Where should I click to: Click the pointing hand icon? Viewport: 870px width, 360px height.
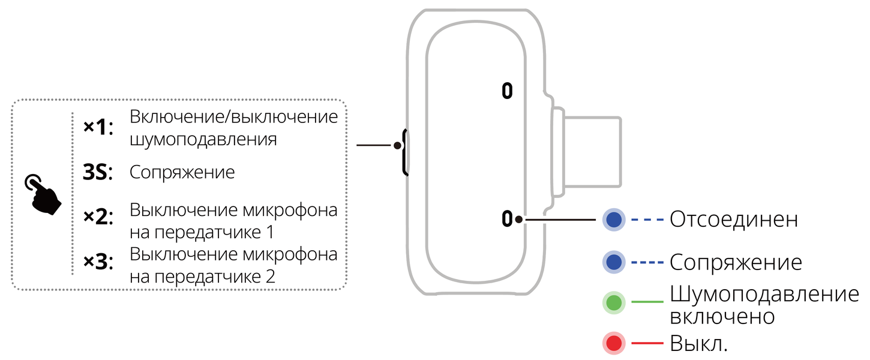pyautogui.click(x=43, y=194)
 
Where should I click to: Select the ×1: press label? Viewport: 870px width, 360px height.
pyautogui.click(x=98, y=127)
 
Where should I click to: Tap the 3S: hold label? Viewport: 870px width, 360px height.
pyautogui.click(x=97, y=172)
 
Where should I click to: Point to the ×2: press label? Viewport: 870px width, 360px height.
pyautogui.click(x=98, y=217)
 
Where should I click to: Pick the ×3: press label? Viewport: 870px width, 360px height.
pyautogui.click(x=98, y=262)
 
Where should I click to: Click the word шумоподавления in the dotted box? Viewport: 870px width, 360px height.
pyautogui.click(x=203, y=139)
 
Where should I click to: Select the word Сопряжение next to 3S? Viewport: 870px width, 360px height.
pyautogui.click(x=182, y=172)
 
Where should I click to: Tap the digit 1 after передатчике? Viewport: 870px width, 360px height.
pyautogui.click(x=271, y=232)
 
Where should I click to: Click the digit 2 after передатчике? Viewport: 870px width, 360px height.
pyautogui.click(x=271, y=277)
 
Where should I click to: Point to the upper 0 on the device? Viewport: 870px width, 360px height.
pyautogui.click(x=507, y=91)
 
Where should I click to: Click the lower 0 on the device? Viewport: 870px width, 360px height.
pyautogui.click(x=507, y=218)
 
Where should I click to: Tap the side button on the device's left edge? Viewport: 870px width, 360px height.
pyautogui.click(x=405, y=152)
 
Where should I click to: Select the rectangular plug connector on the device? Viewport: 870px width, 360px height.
pyautogui.click(x=592, y=152)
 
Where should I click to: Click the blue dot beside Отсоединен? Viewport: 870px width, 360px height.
pyautogui.click(x=614, y=220)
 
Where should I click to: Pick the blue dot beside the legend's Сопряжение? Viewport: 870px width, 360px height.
pyautogui.click(x=614, y=262)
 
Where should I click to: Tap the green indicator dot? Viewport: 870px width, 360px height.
pyautogui.click(x=614, y=302)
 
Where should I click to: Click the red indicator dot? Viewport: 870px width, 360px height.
pyautogui.click(x=614, y=343)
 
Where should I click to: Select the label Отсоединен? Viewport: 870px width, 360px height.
pyautogui.click(x=734, y=220)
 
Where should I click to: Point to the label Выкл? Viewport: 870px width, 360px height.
pyautogui.click(x=699, y=343)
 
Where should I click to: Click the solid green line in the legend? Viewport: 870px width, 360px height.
pyautogui.click(x=647, y=302)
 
